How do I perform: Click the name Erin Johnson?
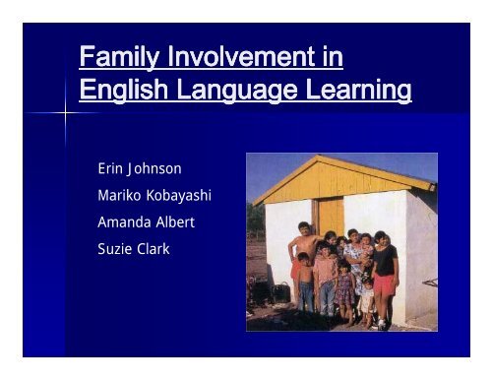click(x=140, y=168)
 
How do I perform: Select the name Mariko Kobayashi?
click(x=154, y=195)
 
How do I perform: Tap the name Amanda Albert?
click(x=146, y=222)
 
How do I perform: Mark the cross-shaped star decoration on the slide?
click(x=65, y=114)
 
